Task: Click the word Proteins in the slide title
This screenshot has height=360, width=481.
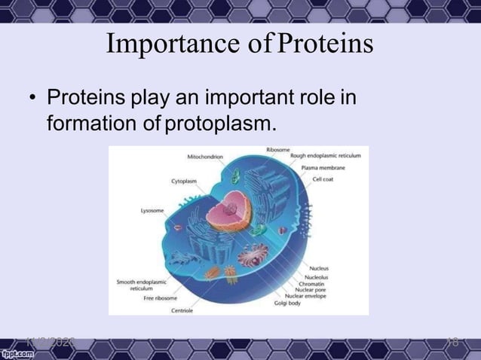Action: [x=325, y=44]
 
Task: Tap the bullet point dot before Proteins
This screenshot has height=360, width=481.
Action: [x=32, y=99]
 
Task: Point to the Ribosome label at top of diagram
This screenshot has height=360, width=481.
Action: [x=277, y=150]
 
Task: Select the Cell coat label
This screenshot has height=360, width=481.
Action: [x=325, y=178]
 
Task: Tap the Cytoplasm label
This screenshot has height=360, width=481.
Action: [x=184, y=182]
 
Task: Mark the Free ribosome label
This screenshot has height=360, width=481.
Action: [x=160, y=298]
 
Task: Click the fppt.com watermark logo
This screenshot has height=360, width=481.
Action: [x=19, y=352]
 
